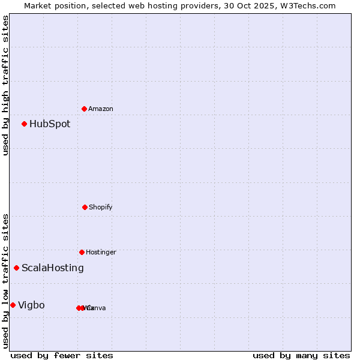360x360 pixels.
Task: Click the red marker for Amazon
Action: tap(85, 109)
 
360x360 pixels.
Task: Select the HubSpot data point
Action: tap(25, 124)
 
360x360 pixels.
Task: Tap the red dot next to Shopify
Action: tap(85, 207)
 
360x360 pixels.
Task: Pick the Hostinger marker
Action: tap(82, 252)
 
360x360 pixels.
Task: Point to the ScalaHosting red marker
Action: tap(17, 268)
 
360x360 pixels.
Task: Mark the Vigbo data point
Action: tap(13, 305)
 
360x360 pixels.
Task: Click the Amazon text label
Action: tap(101, 109)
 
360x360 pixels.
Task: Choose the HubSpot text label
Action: tap(50, 124)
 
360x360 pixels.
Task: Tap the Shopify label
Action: tap(101, 208)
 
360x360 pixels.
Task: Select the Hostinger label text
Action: tap(101, 253)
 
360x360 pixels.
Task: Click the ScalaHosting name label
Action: tap(53, 268)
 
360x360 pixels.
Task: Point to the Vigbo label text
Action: tap(31, 305)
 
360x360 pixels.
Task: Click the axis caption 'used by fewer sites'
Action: tap(62, 355)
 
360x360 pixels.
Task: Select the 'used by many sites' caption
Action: tap(301, 355)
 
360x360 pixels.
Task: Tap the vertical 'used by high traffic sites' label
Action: tap(5, 85)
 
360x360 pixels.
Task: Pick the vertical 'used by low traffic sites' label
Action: tap(5, 281)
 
